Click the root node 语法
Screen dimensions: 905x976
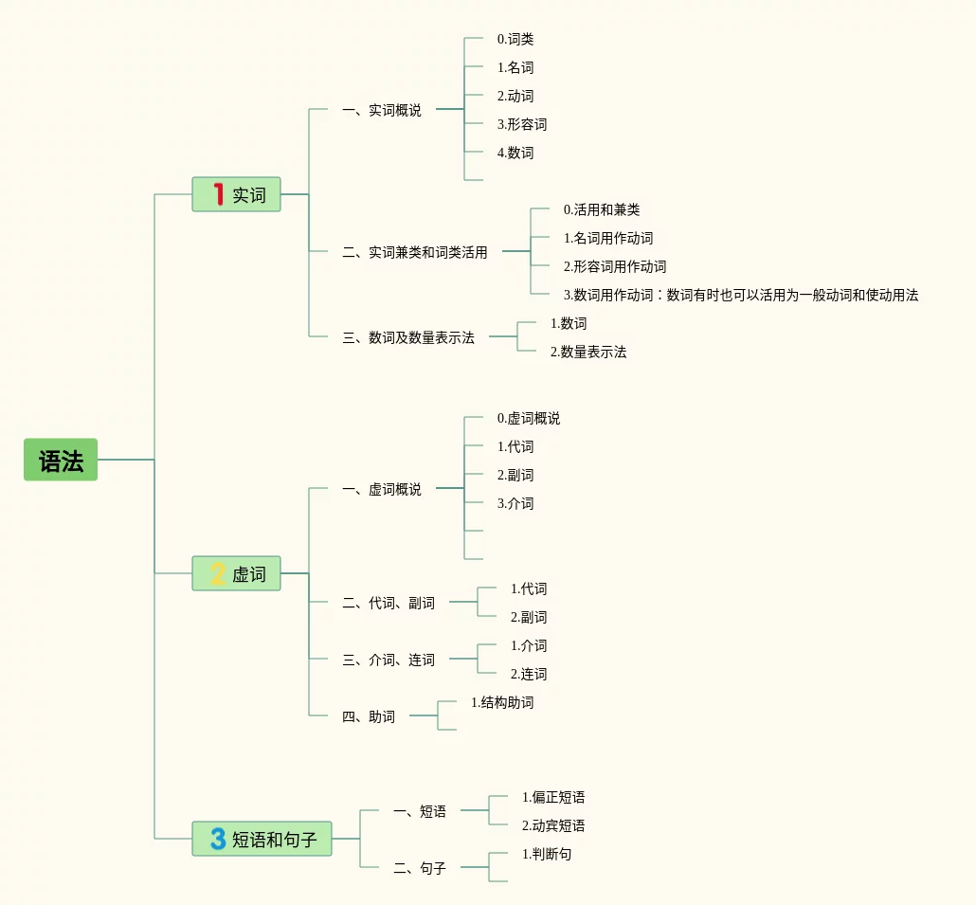[61, 461]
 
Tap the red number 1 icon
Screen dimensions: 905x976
[218, 194]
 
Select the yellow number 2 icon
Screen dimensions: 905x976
[218, 573]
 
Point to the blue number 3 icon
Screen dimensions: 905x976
[218, 839]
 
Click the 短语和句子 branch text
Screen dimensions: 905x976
[275, 839]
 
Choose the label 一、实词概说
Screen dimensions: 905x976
[382, 111]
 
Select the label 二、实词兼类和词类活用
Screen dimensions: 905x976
[415, 252]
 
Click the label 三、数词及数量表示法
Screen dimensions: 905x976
[408, 337]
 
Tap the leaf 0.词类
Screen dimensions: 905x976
[515, 40]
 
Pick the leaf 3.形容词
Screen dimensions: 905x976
[522, 125]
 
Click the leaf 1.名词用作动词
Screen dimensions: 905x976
[608, 239]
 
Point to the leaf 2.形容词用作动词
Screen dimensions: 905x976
[615, 267]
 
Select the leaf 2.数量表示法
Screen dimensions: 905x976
[588, 353]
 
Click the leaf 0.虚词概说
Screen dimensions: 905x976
[529, 419]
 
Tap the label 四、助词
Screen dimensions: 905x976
[369, 716]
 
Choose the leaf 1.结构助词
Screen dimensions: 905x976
[502, 703]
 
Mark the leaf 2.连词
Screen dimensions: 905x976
[529, 675]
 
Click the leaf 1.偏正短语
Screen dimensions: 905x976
[553, 798]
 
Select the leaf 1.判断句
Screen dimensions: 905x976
[547, 855]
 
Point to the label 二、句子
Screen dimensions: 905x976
[420, 868]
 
